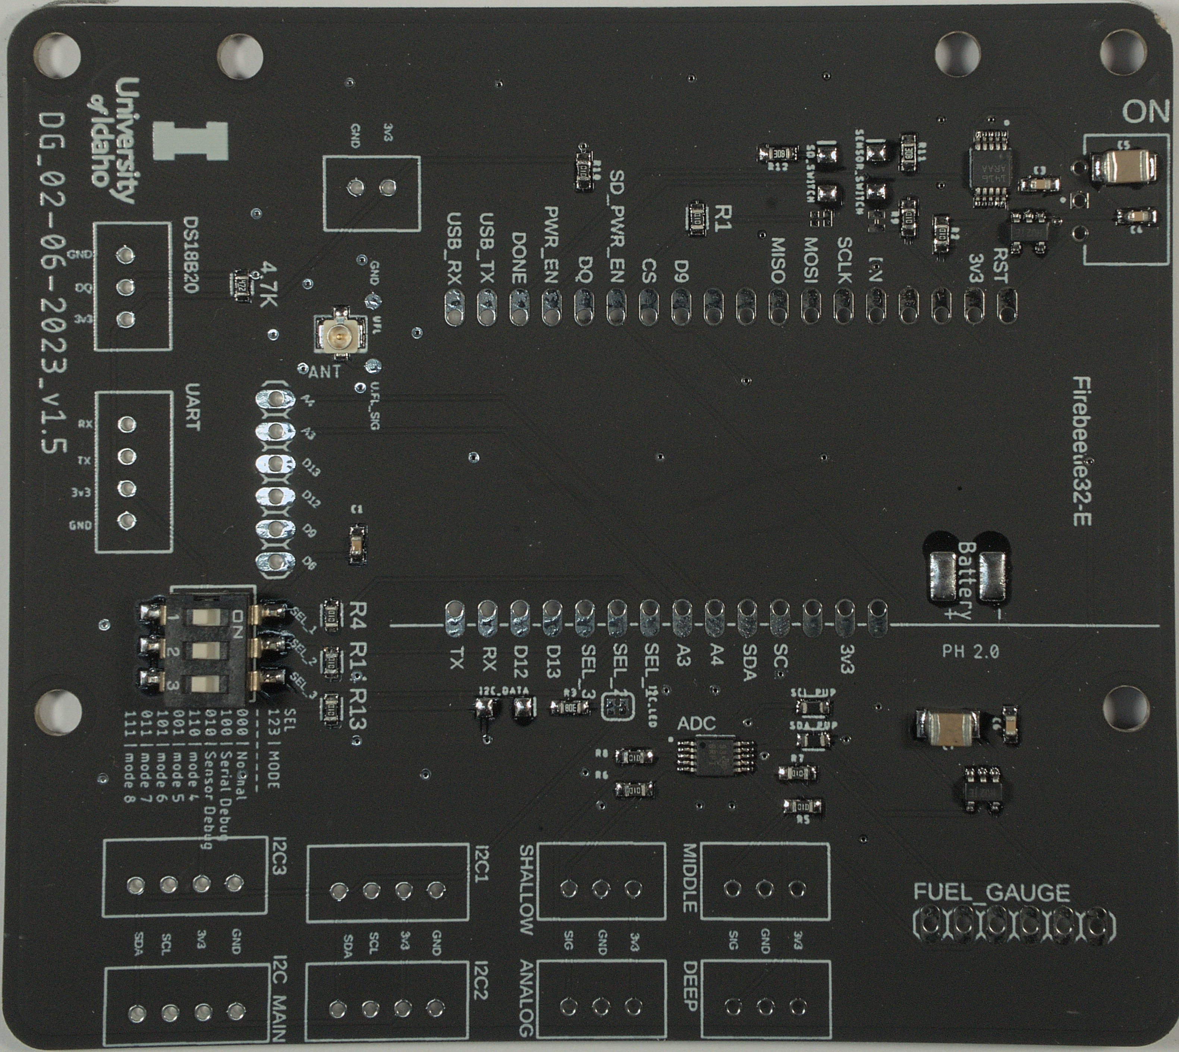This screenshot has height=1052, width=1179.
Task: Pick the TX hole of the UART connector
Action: pyautogui.click(x=124, y=456)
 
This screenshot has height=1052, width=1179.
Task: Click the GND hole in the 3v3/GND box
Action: pyautogui.click(x=353, y=187)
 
